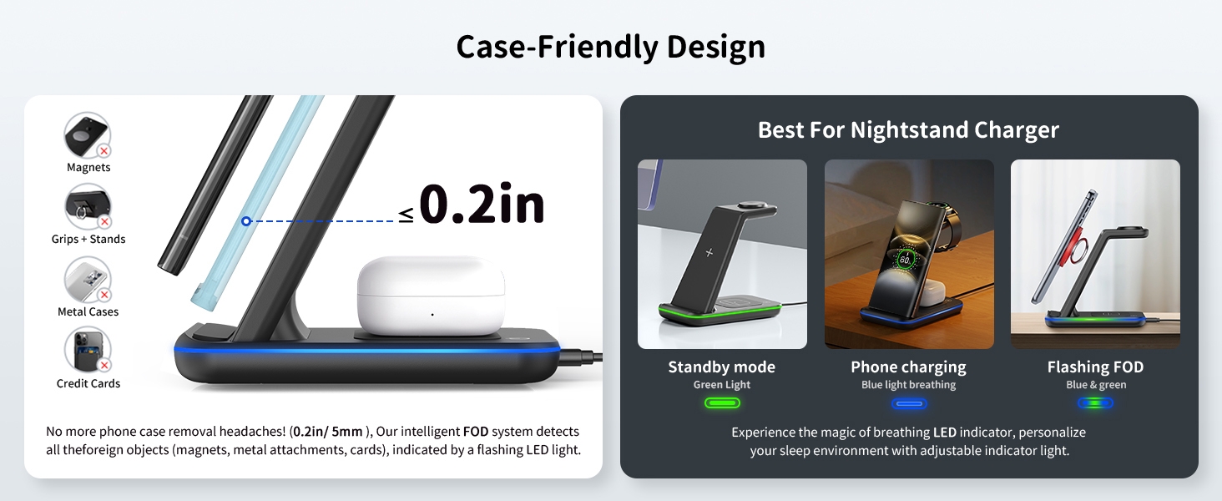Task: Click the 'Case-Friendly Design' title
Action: tap(610, 47)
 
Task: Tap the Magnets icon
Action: tap(88, 135)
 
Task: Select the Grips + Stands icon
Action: tap(88, 207)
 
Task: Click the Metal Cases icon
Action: tap(88, 280)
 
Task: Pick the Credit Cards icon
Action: tap(88, 351)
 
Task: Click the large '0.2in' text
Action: tap(482, 205)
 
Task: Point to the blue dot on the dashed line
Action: tap(246, 221)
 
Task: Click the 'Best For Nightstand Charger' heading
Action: tap(908, 130)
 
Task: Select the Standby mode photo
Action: tap(722, 254)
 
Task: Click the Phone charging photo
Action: tap(909, 254)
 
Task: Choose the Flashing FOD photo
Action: tap(1095, 254)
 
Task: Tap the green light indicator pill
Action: tap(722, 403)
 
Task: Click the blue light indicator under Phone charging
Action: tap(909, 403)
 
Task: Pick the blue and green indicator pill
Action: tap(1095, 403)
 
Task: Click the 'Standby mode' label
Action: tap(722, 367)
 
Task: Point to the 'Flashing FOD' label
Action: tap(1095, 367)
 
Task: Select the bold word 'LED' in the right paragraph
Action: tap(944, 433)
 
